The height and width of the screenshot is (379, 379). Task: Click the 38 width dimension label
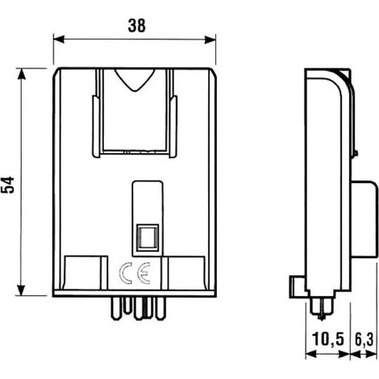pyautogui.click(x=137, y=26)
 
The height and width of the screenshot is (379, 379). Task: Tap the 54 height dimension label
pyautogui.click(x=7, y=185)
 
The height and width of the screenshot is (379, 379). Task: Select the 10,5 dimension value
pyautogui.click(x=328, y=339)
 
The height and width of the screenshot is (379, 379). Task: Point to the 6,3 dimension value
pyautogui.click(x=364, y=339)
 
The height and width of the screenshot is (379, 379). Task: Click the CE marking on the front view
pyautogui.click(x=135, y=273)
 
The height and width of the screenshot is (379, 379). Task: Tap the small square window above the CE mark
pyautogui.click(x=147, y=238)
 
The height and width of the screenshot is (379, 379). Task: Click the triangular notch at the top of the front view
pyautogui.click(x=135, y=81)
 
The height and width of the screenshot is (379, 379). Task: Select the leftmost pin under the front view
pyautogui.click(x=116, y=308)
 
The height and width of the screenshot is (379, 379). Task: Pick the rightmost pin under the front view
pyautogui.click(x=160, y=308)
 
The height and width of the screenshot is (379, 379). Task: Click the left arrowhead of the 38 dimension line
pyautogui.click(x=59, y=39)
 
